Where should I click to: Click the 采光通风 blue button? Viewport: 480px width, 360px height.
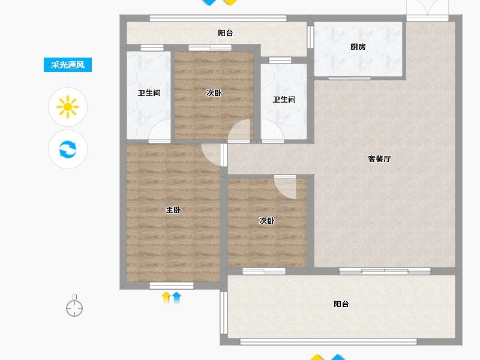point(68,65)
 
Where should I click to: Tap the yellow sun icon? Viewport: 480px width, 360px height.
point(68,107)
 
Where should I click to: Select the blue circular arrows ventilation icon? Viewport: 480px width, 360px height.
point(68,149)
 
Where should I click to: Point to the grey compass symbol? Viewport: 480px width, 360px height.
point(74,306)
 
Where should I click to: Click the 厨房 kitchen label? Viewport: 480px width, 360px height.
point(358,47)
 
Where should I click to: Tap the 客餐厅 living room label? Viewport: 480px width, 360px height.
point(379,158)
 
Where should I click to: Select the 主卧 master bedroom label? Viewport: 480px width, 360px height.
point(173,209)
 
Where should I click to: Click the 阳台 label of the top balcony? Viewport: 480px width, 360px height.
point(226,33)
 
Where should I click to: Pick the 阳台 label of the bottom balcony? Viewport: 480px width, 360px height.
point(341,304)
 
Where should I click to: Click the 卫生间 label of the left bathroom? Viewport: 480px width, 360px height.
point(149,93)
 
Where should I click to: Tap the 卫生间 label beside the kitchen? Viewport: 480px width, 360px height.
point(284,99)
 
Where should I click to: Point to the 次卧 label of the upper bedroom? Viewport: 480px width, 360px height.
point(214,92)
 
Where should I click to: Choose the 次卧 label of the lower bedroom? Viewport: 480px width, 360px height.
point(266,220)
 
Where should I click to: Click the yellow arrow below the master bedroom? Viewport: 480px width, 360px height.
point(166,298)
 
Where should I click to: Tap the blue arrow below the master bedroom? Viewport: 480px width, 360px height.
point(176,298)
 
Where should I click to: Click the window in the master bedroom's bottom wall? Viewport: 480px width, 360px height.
point(172,286)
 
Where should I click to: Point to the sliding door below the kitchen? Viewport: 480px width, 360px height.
point(349,79)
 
